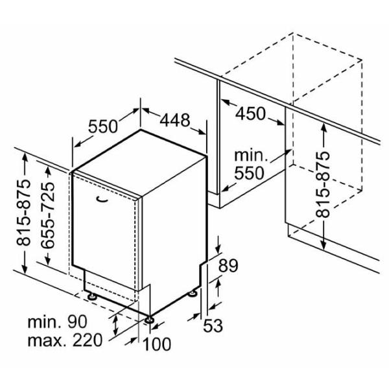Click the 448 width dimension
(175, 120)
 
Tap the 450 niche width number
(250, 114)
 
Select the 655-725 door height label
(47, 215)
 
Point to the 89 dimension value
(228, 266)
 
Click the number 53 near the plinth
(213, 325)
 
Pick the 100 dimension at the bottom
(157, 344)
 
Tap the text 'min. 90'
(57, 322)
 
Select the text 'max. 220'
(65, 340)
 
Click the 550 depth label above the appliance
(103, 126)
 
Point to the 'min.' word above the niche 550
(252, 155)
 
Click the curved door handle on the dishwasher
(102, 199)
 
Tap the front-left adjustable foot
(91, 296)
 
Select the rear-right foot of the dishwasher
(193, 294)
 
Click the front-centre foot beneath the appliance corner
(150, 320)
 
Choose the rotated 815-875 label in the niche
(323, 185)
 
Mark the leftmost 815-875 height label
(23, 212)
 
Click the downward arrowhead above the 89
(218, 248)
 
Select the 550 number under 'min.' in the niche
(249, 173)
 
